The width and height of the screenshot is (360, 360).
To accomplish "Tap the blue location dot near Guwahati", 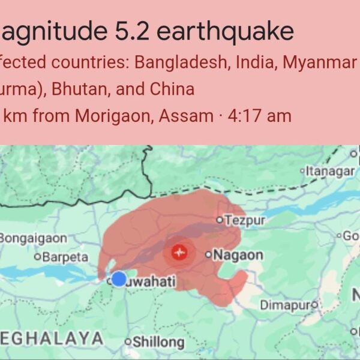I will (119, 278).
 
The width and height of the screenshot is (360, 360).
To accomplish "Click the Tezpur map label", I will (245, 220).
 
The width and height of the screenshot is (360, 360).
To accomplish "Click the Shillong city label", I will (158, 342).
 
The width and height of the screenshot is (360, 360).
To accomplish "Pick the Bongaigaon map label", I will (32, 238).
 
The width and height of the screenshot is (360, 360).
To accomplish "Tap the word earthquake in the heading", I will (226, 32).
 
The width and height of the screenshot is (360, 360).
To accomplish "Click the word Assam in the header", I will (187, 115).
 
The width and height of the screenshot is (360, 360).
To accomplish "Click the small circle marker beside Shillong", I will (127, 342).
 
